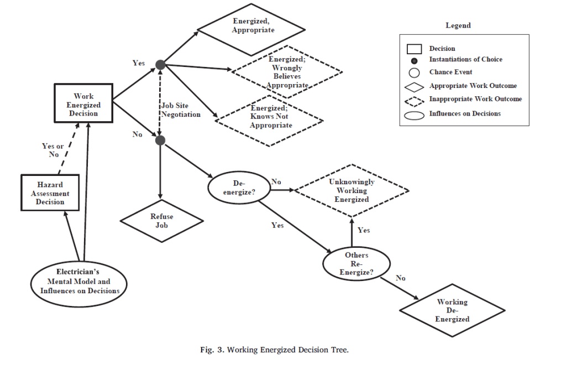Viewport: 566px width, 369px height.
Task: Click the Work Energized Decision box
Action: coord(83,105)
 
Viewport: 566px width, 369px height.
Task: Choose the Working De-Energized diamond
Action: coord(452,310)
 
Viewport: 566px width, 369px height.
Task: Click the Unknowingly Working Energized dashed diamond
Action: coord(352,190)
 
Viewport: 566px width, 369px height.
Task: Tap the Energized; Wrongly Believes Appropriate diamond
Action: coord(286,72)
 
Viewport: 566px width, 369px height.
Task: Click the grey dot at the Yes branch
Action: coord(160,65)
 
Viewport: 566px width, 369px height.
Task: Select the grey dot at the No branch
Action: coord(160,141)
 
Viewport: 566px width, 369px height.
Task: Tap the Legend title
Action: coord(458,25)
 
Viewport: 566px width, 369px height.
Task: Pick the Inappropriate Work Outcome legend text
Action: coord(475,99)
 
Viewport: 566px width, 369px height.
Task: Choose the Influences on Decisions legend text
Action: coord(465,114)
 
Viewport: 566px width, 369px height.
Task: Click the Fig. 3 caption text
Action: coord(274,350)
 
